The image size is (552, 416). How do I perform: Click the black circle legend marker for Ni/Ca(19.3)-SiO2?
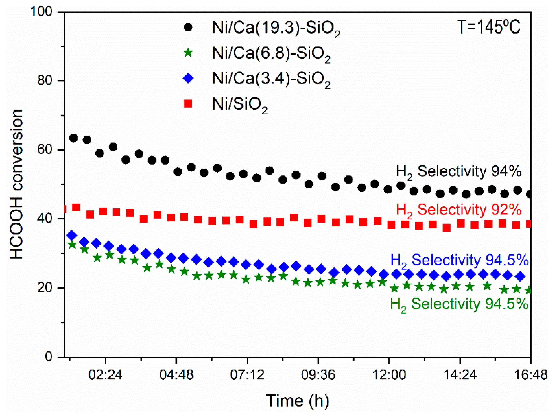188,27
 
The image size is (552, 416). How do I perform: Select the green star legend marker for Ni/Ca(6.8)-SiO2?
188,53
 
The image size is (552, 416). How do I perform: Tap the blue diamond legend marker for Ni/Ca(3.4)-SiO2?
188,78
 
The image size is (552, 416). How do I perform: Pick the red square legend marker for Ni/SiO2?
188,104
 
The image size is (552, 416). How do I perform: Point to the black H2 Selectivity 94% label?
458,172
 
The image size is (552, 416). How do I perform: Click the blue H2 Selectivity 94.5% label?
459,260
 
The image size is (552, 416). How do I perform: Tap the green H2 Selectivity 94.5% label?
459,304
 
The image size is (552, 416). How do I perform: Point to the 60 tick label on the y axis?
45,149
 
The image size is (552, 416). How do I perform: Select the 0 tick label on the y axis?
48,356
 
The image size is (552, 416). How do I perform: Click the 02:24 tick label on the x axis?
105,375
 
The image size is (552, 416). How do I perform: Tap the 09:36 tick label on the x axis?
318,375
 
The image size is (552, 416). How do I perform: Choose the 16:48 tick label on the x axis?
531,375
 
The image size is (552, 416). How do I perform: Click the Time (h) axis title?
297,400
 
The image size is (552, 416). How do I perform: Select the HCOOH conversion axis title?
17,184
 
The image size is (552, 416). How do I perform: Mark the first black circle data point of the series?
73,138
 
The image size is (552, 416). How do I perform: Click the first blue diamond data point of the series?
72,235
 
